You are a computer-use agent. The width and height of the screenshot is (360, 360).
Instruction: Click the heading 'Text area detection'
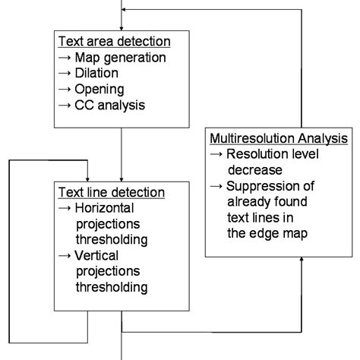[x=114, y=42]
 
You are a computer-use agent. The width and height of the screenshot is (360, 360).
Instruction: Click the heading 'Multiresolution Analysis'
[x=278, y=139]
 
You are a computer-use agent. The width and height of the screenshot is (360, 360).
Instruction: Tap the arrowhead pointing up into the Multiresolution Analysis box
[x=302, y=260]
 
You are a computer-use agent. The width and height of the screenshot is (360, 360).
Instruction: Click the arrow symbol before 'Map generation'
[x=66, y=57]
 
